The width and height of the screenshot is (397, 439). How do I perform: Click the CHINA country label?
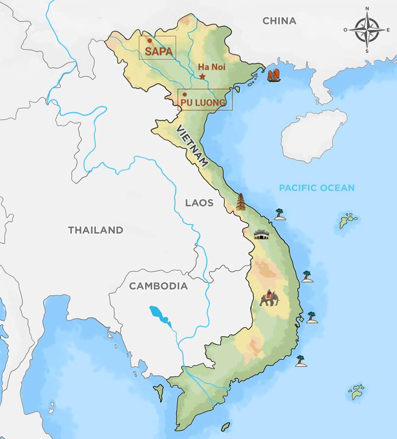(x=279, y=21)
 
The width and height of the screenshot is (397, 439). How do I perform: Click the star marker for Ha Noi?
(x=202, y=76)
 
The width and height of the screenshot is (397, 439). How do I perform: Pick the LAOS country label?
(x=199, y=203)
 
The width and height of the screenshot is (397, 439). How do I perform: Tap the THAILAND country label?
(x=95, y=230)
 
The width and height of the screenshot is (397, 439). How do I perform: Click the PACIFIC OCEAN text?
(x=317, y=188)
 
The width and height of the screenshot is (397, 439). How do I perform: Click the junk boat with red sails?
(x=273, y=76)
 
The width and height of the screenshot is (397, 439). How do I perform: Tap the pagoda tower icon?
(x=241, y=202)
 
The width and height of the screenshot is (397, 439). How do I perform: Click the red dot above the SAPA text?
(x=149, y=41)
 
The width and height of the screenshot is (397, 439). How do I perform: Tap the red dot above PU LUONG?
(x=185, y=94)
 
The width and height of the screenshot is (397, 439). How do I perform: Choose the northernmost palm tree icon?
(x=280, y=214)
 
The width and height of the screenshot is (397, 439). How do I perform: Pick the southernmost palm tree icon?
(x=300, y=361)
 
